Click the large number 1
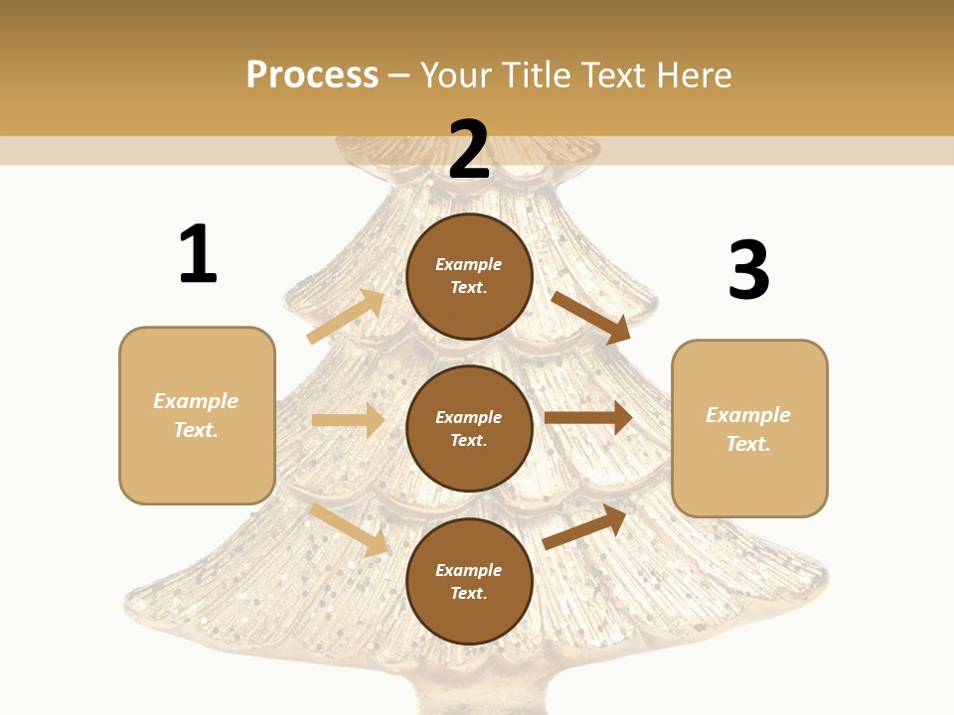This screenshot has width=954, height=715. click(198, 254)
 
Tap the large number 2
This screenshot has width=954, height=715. click(469, 150)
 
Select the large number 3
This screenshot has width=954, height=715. click(748, 271)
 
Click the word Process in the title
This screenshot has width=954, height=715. click(312, 74)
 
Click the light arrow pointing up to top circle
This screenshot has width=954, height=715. click(346, 316)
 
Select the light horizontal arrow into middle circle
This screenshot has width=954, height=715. click(348, 420)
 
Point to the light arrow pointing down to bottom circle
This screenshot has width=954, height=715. click(350, 529)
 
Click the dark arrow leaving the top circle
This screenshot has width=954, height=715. click(590, 318)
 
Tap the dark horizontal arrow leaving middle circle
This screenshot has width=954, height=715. click(588, 417)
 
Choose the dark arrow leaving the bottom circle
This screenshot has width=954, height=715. click(584, 526)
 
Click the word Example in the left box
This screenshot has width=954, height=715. click(196, 401)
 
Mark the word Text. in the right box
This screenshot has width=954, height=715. click(748, 444)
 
